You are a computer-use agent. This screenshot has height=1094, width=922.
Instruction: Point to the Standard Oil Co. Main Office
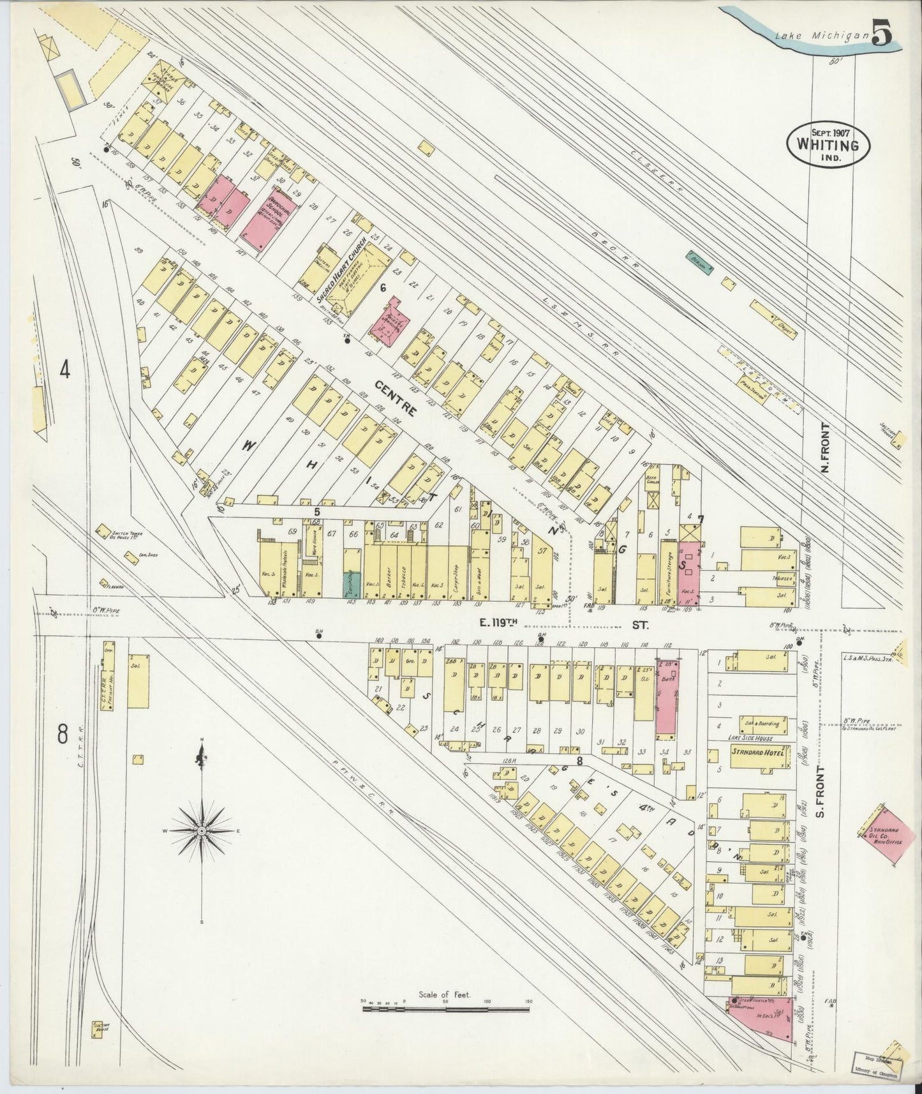click(x=884, y=833)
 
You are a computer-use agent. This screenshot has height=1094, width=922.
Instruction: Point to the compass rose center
click(x=202, y=830)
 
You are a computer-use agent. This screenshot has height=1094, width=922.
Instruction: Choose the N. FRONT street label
click(x=825, y=447)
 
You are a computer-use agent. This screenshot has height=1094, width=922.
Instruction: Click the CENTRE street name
click(x=396, y=397)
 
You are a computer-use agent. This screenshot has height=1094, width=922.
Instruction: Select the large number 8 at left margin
click(x=63, y=734)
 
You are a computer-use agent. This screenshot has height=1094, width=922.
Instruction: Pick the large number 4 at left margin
click(x=64, y=370)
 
